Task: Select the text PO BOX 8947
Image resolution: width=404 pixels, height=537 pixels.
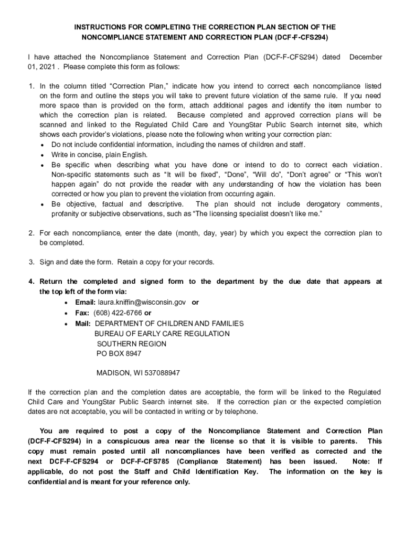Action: (119, 354)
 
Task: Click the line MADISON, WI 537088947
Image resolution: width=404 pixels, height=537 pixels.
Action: (138, 373)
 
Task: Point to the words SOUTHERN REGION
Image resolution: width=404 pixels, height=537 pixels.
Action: (132, 344)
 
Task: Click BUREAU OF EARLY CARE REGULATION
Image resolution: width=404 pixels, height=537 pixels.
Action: (162, 334)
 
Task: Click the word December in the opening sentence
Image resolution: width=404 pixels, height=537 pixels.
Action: (366, 57)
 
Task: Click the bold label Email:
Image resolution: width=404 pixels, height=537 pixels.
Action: (85, 303)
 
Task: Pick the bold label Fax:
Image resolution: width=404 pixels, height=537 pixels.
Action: (82, 313)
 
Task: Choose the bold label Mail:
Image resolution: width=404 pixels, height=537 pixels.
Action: (83, 324)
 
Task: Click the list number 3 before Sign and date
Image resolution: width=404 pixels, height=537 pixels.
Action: (31, 262)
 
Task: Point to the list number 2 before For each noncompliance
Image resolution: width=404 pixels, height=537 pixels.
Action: (31, 232)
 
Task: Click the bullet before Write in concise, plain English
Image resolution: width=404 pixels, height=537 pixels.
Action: (43, 155)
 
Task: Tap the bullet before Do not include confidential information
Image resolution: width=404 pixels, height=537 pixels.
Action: (43, 145)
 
